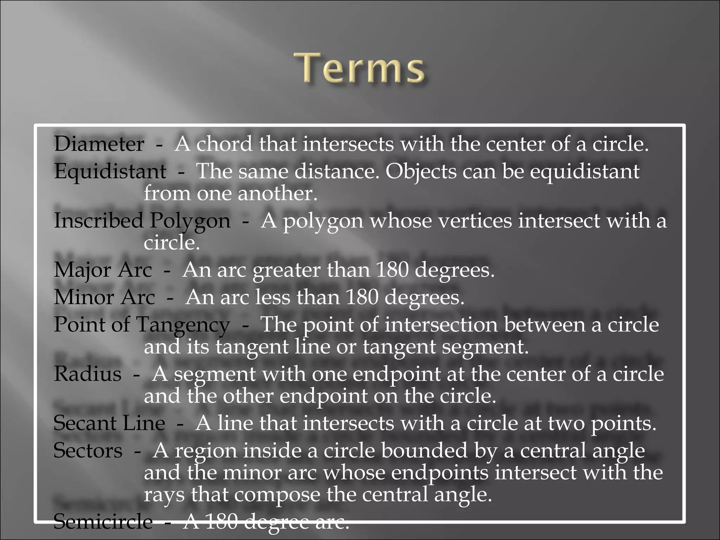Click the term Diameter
(x=99, y=144)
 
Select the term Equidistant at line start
(x=110, y=172)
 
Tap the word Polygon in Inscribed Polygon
(x=190, y=221)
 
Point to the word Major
(x=82, y=270)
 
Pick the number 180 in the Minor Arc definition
(x=362, y=297)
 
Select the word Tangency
(x=183, y=324)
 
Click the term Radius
(x=88, y=374)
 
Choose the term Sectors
(x=88, y=450)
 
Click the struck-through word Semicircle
(x=103, y=521)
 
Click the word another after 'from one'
(x=277, y=193)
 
